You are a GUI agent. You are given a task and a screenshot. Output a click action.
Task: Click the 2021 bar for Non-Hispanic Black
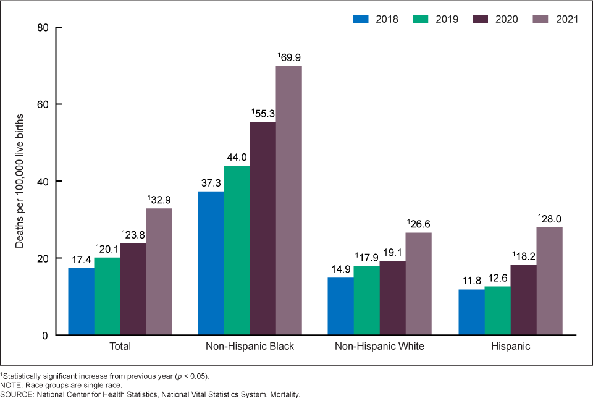pos(288,200)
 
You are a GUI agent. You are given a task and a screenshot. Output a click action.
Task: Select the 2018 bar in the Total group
pos(81,301)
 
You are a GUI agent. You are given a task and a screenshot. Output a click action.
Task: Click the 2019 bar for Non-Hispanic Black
pos(237,250)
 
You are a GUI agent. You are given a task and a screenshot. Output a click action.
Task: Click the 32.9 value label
pos(159,200)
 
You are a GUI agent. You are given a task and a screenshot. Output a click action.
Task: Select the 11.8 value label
pos(471,281)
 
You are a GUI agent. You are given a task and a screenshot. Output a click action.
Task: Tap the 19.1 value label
pos(393,253)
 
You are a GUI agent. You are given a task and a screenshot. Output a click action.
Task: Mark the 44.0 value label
pos(237,157)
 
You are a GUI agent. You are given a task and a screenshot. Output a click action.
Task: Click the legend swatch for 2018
pos(362,19)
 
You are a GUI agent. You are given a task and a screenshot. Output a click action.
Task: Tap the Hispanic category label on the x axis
pos(510,347)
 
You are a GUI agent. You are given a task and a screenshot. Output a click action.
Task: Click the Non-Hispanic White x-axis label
pos(380,347)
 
